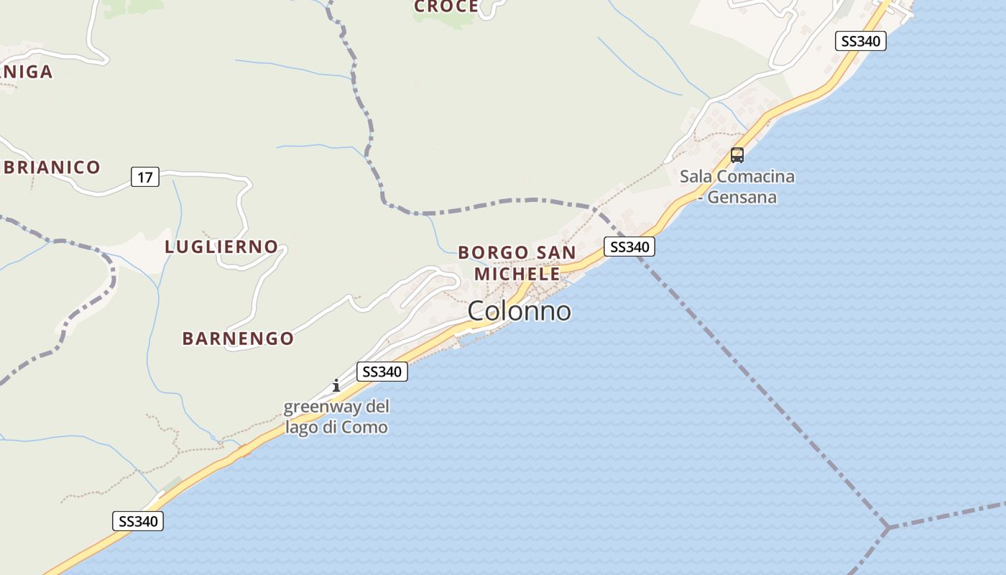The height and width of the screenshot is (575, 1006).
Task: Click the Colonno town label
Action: click(x=520, y=310)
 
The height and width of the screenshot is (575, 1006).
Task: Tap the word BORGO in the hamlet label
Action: click(x=492, y=252)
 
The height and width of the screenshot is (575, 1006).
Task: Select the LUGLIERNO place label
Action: click(x=221, y=247)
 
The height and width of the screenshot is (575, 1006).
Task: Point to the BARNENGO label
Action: click(x=238, y=339)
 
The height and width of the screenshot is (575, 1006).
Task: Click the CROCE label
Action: click(x=446, y=6)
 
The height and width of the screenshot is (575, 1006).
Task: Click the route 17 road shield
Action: click(x=145, y=177)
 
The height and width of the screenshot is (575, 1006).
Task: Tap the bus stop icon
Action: click(x=737, y=155)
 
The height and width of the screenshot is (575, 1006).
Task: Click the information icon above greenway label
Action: click(x=336, y=385)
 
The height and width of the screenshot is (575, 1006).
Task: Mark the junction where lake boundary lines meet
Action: click(x=889, y=528)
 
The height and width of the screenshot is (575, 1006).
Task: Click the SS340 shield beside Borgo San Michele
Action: click(x=629, y=247)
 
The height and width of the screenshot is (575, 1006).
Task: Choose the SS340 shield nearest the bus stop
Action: click(x=860, y=41)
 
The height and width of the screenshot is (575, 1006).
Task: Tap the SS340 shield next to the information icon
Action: click(x=382, y=372)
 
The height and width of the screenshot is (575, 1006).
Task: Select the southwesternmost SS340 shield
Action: click(x=138, y=521)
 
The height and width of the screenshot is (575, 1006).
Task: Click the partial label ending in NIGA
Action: click(x=27, y=72)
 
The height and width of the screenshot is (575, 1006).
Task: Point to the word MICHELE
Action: click(x=517, y=274)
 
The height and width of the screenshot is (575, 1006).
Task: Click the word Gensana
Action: click(x=742, y=196)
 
